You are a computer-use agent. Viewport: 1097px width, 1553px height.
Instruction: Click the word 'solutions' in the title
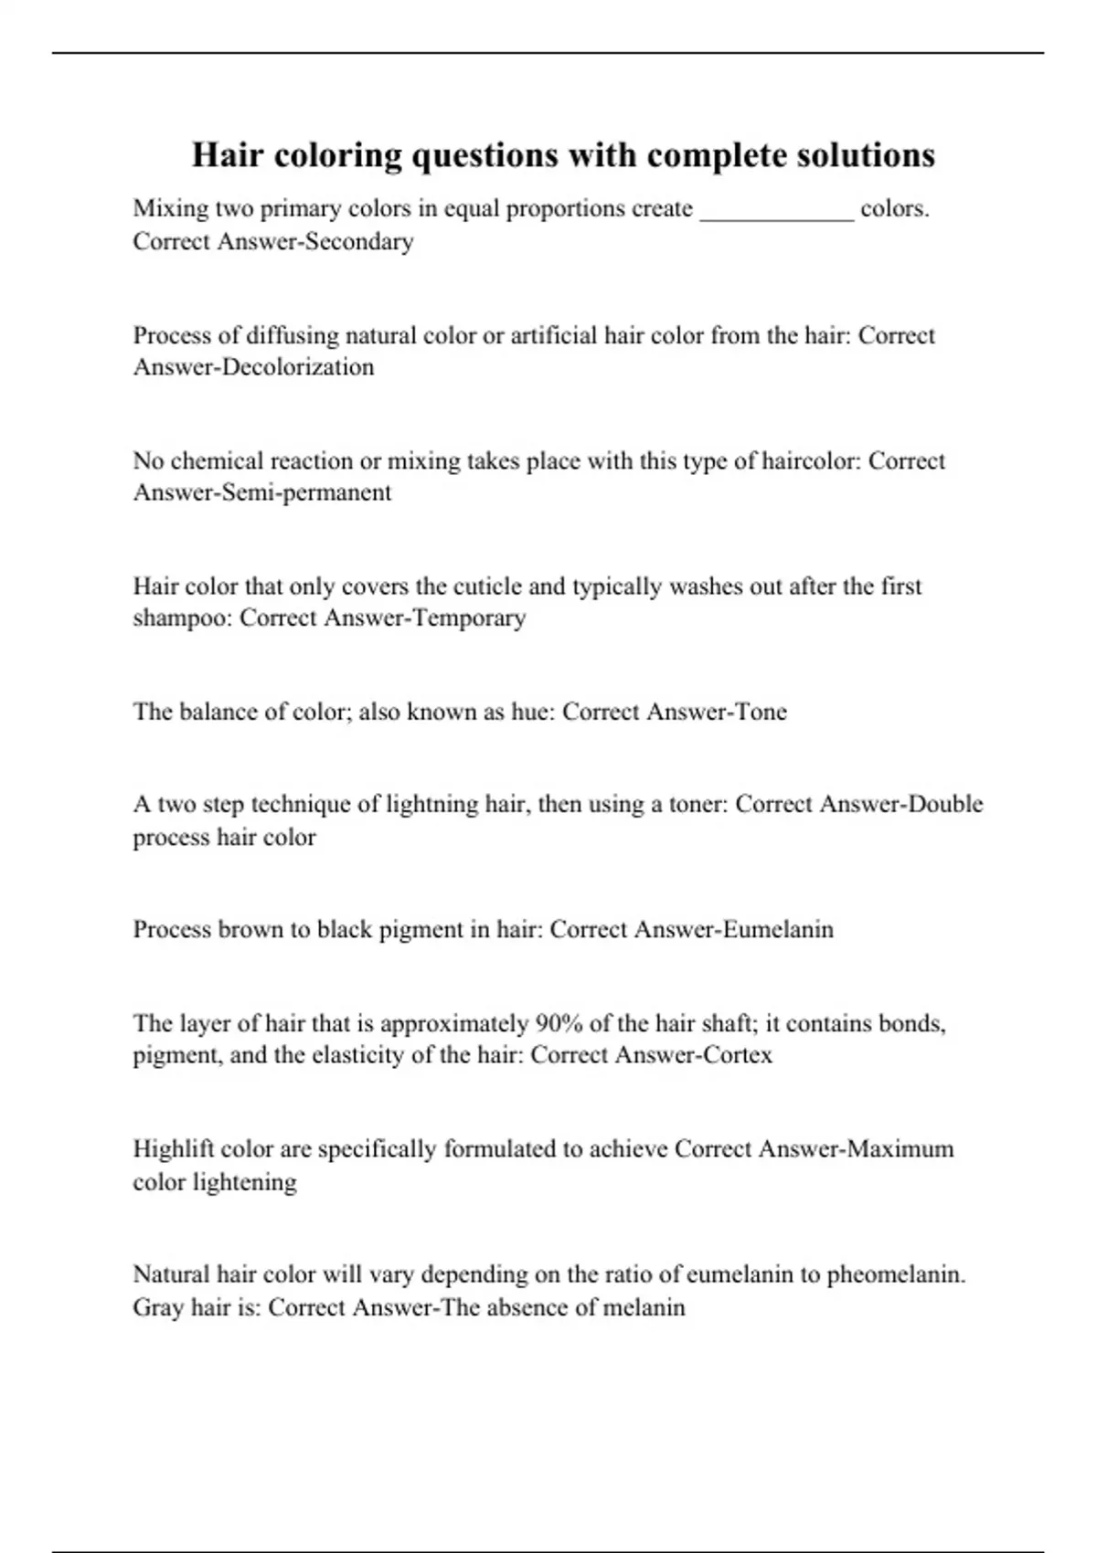click(x=864, y=155)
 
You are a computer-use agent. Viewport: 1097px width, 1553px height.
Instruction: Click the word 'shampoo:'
click(x=182, y=618)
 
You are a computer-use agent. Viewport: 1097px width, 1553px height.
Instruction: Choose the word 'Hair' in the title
click(x=224, y=155)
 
